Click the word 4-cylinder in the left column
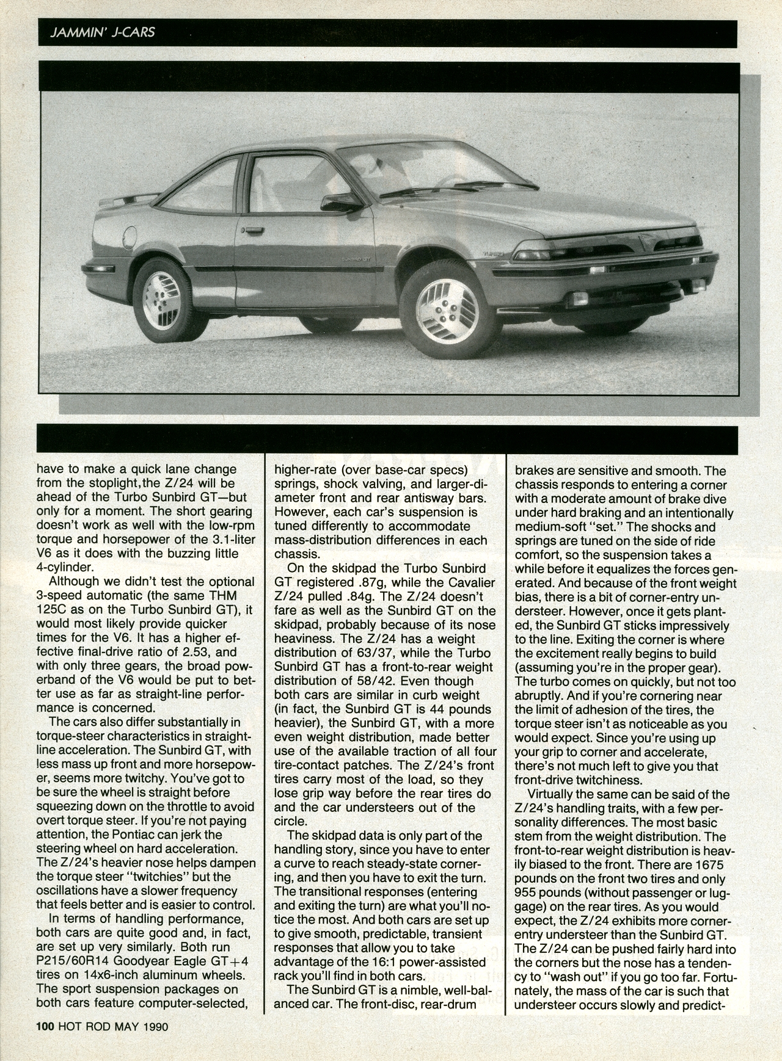coord(64,567)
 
